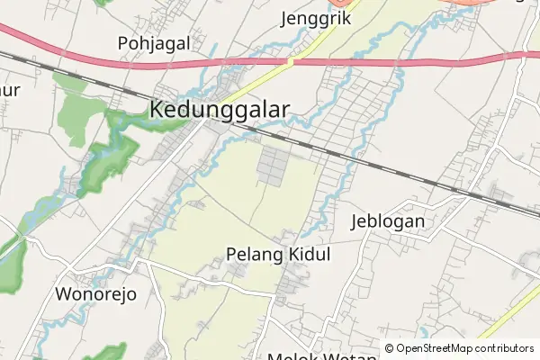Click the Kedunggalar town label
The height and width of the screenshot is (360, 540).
(x=220, y=110)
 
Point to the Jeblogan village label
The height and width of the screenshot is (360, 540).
(x=387, y=221)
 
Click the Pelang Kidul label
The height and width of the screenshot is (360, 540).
(x=278, y=255)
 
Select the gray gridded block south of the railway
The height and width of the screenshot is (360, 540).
(x=274, y=166)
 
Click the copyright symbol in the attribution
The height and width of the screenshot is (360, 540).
(x=390, y=348)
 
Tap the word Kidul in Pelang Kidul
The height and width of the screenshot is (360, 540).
(x=308, y=255)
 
